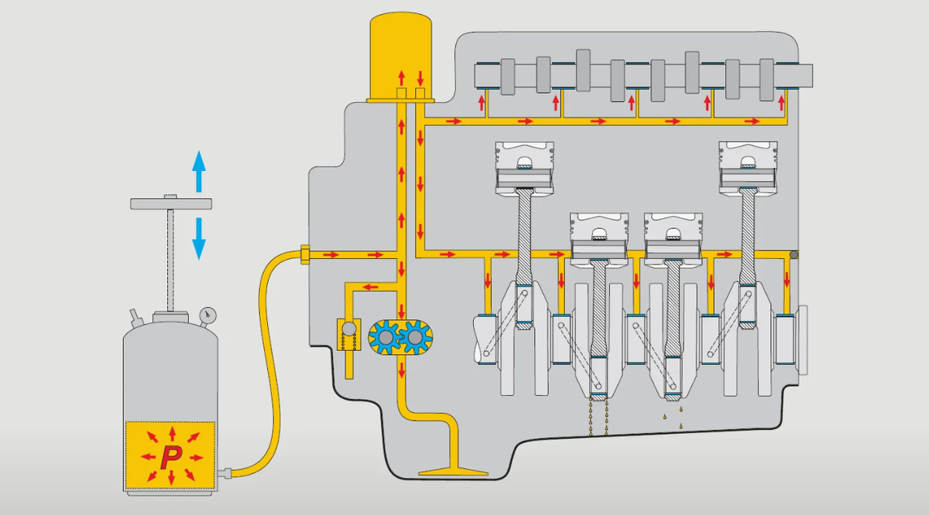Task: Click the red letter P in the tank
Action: (x=170, y=456)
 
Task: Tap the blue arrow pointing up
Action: (x=199, y=171)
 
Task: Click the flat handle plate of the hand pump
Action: (x=171, y=203)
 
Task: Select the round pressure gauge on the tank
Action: (x=207, y=315)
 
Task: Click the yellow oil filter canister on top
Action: (x=401, y=54)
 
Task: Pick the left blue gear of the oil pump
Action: (x=384, y=337)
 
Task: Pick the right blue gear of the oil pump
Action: (x=417, y=337)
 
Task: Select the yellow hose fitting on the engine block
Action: (x=304, y=254)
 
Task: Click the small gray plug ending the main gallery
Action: (x=793, y=254)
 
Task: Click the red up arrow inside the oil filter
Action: (x=401, y=77)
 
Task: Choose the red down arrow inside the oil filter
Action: (x=420, y=77)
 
